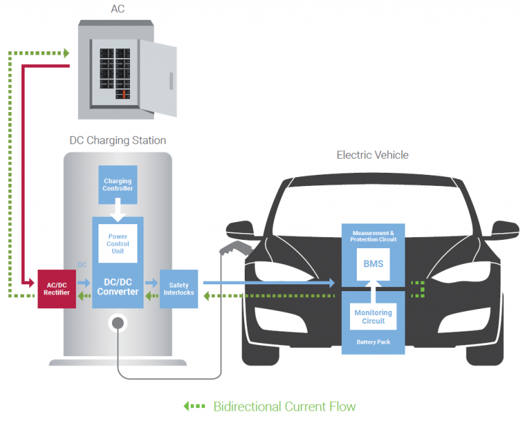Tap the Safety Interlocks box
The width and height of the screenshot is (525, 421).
(x=178, y=288)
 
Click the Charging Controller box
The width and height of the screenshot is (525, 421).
(x=118, y=185)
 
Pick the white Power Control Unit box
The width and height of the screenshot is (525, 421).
(x=118, y=244)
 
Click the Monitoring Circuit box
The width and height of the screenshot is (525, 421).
(x=373, y=316)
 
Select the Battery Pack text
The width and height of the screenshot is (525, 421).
(x=373, y=342)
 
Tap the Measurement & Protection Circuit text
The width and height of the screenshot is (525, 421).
(x=373, y=236)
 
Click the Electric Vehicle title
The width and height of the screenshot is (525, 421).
(x=373, y=155)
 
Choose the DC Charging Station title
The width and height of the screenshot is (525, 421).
(x=118, y=140)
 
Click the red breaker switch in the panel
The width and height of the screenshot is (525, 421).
(x=124, y=94)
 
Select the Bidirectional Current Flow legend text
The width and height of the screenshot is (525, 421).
(x=284, y=407)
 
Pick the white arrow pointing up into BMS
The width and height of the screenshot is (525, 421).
(x=373, y=293)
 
